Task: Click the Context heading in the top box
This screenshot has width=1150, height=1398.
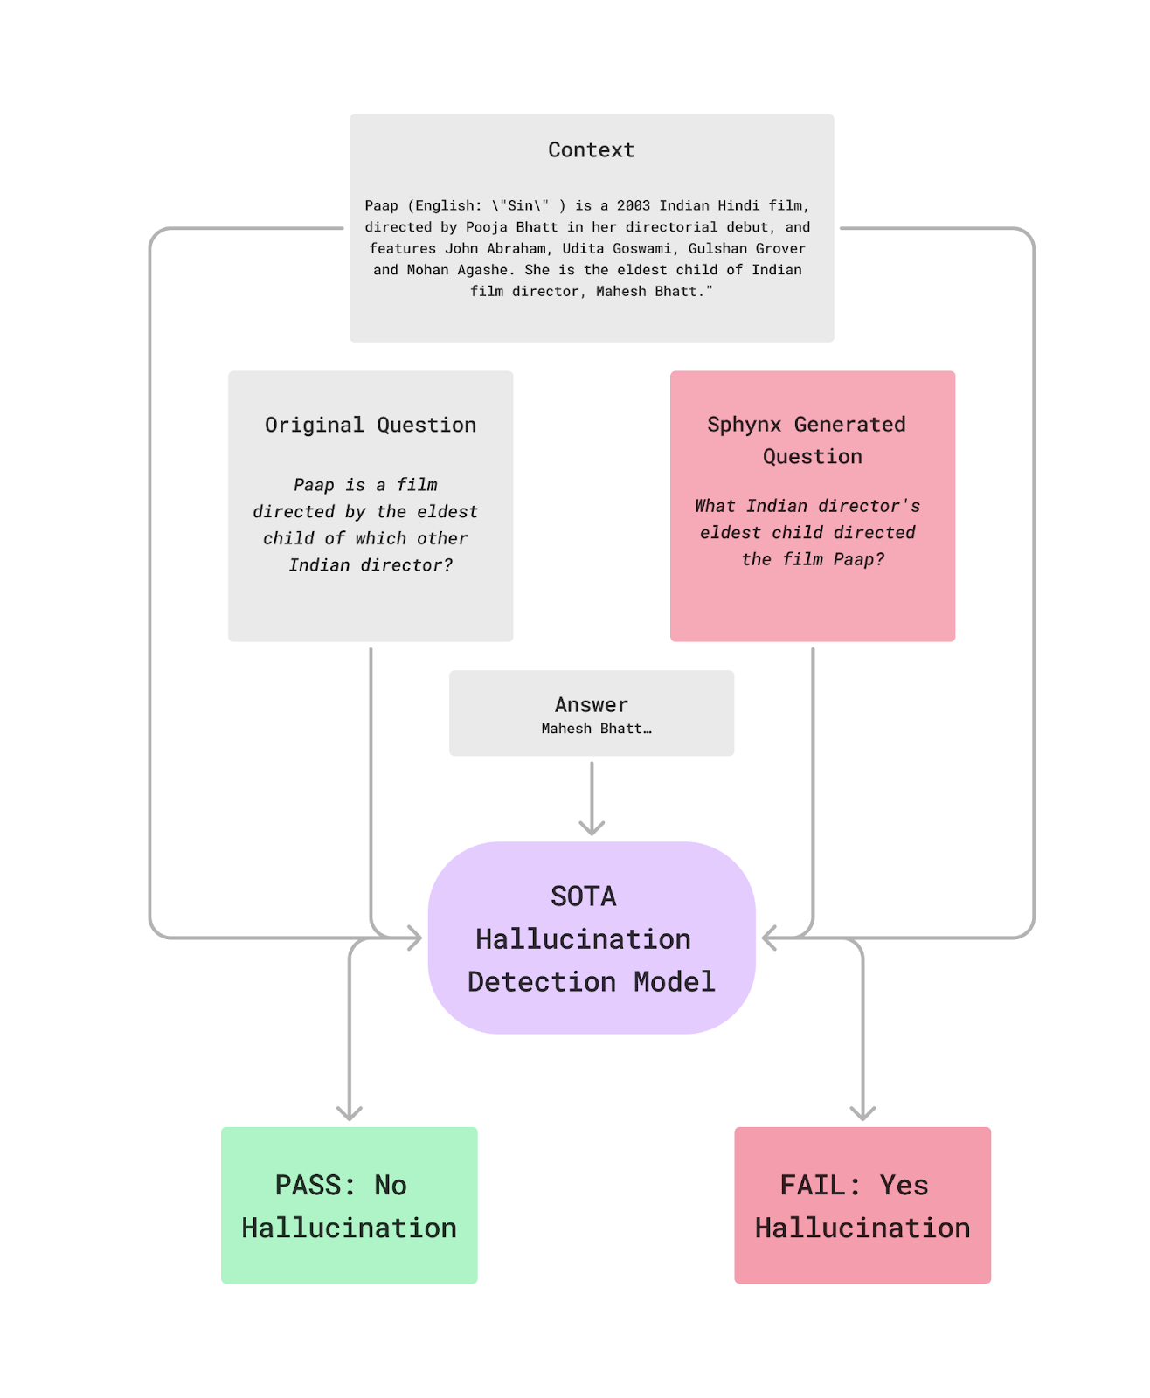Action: pyautogui.click(x=592, y=149)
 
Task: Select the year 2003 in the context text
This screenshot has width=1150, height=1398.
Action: pyautogui.click(x=633, y=205)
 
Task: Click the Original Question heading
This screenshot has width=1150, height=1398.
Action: pyautogui.click(x=371, y=425)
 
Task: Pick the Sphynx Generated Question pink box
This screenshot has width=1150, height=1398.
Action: pyautogui.click(x=812, y=506)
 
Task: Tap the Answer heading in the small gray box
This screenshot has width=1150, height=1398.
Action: pyautogui.click(x=592, y=704)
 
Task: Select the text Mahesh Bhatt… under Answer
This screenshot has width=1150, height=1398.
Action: pyautogui.click(x=596, y=729)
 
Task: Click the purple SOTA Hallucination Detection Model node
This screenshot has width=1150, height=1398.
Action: pyautogui.click(x=592, y=938)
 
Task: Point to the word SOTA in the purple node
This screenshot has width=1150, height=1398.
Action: pyautogui.click(x=583, y=896)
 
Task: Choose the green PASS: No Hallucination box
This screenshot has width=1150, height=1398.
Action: pyautogui.click(x=350, y=1206)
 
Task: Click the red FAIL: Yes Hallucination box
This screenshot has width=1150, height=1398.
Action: pyautogui.click(x=862, y=1206)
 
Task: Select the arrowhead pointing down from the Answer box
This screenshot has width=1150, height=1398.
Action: pyautogui.click(x=592, y=827)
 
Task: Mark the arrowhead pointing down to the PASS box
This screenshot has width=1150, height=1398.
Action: pyautogui.click(x=350, y=1113)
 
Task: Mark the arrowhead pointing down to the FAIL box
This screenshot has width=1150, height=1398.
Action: pyautogui.click(x=862, y=1113)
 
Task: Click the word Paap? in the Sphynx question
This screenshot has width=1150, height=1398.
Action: pyautogui.click(x=859, y=559)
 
